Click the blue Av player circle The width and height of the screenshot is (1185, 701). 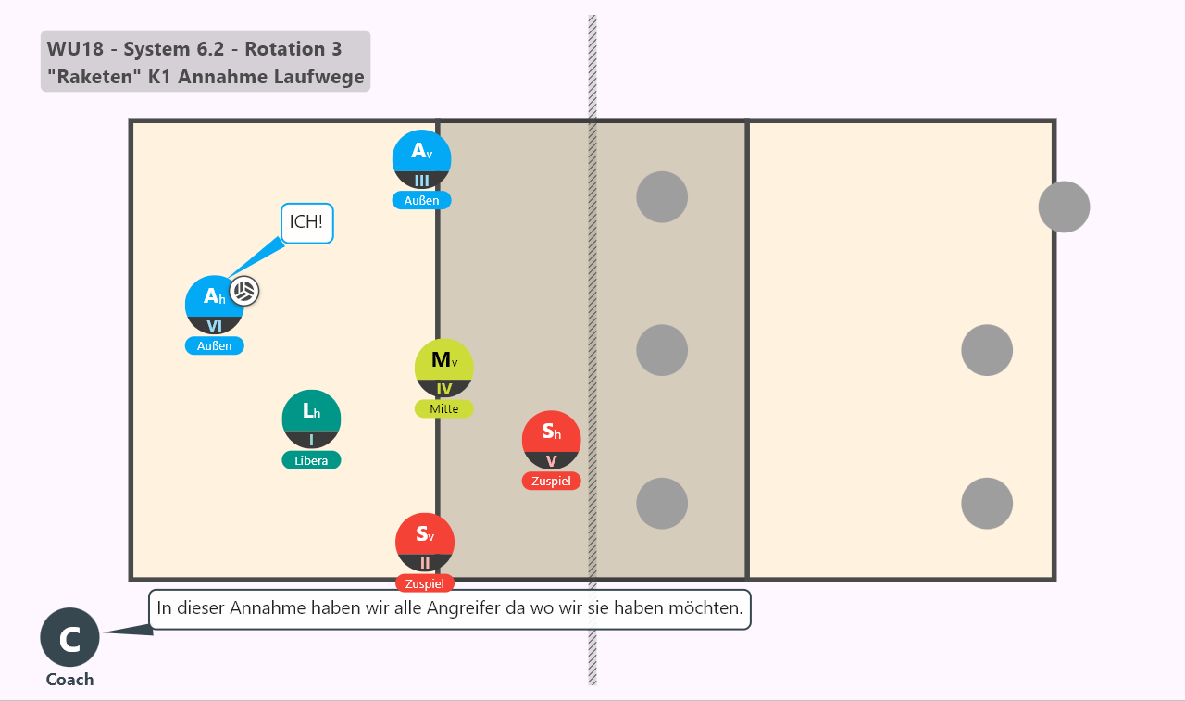tap(421, 159)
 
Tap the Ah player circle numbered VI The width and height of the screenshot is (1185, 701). tap(214, 305)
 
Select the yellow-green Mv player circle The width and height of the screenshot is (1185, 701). tap(443, 369)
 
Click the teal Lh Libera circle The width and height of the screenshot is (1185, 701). tap(311, 419)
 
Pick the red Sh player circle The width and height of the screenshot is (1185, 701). tap(551, 440)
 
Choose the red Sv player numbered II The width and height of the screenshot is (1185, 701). tap(425, 543)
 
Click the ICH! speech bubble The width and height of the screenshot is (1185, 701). tap(306, 223)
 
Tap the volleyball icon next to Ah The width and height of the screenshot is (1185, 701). tap(244, 291)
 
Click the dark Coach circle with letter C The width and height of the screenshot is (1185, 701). tap(69, 637)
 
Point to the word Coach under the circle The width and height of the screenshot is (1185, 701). tap(69, 680)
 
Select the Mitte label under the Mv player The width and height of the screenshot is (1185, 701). tap(443, 409)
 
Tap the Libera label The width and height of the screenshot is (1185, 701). tap(311, 460)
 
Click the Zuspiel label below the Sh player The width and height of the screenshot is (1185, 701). tap(551, 481)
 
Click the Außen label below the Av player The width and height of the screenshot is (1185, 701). tap(421, 201)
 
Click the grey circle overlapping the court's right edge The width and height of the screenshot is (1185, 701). tap(1064, 207)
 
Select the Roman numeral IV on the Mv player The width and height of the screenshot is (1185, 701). tap(443, 389)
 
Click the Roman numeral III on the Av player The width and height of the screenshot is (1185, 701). tap(421, 181)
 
